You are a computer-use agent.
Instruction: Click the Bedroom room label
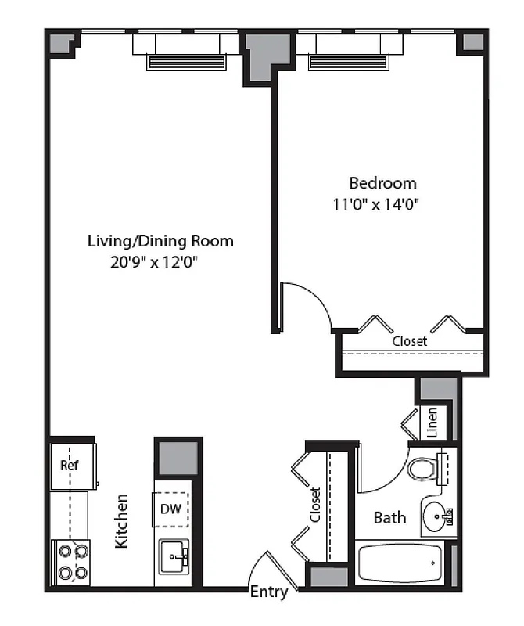click(x=382, y=183)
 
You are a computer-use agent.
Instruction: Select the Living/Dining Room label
click(x=160, y=241)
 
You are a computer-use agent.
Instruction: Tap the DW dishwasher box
click(x=171, y=509)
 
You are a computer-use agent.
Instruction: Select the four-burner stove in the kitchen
click(x=70, y=561)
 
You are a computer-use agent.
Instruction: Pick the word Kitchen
click(x=122, y=520)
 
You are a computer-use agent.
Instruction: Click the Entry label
click(x=268, y=592)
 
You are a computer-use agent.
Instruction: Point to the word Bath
click(x=389, y=517)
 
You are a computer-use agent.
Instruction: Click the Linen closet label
click(x=432, y=423)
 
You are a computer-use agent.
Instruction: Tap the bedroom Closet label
click(x=409, y=342)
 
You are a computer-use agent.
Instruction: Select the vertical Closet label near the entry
click(x=315, y=505)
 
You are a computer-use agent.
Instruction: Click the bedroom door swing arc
click(x=313, y=301)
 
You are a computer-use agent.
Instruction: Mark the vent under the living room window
click(x=185, y=63)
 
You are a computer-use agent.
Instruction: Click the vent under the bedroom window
click(x=349, y=63)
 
